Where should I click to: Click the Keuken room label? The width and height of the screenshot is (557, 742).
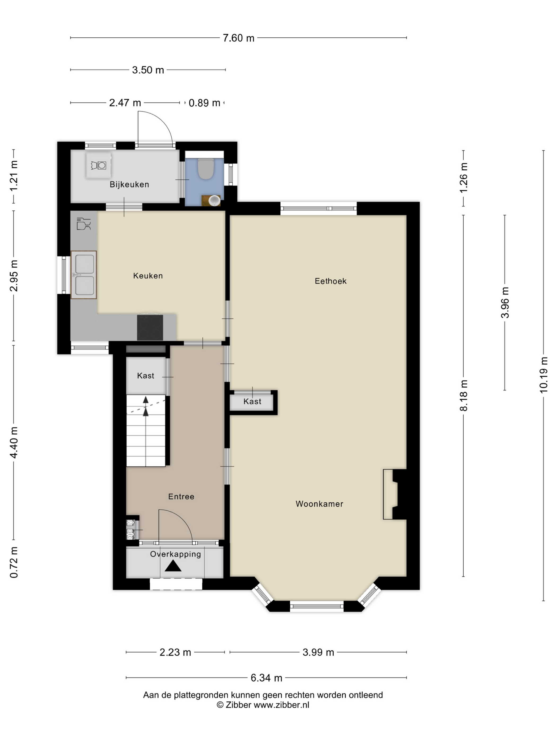(148, 276)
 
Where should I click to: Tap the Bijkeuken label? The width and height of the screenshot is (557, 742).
(129, 184)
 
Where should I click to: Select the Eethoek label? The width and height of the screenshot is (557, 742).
(330, 281)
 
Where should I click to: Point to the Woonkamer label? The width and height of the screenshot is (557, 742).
(319, 504)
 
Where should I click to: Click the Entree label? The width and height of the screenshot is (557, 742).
(181, 496)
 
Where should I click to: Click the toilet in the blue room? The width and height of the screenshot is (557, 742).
(206, 169)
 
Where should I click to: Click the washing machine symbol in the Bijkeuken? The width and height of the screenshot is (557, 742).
(98, 165)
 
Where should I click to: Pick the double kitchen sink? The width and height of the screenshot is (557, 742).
(84, 275)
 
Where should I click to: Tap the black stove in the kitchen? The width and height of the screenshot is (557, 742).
(150, 327)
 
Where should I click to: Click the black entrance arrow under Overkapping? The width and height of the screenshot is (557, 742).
(173, 566)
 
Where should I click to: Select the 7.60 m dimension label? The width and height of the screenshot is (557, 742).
(238, 38)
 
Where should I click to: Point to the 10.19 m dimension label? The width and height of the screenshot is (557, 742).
(543, 375)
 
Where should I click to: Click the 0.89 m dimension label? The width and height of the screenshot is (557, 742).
(204, 103)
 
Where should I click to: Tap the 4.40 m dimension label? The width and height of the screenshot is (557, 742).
(14, 443)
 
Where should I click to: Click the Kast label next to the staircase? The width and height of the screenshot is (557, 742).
(145, 376)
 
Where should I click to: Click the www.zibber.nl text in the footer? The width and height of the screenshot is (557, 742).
(281, 705)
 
